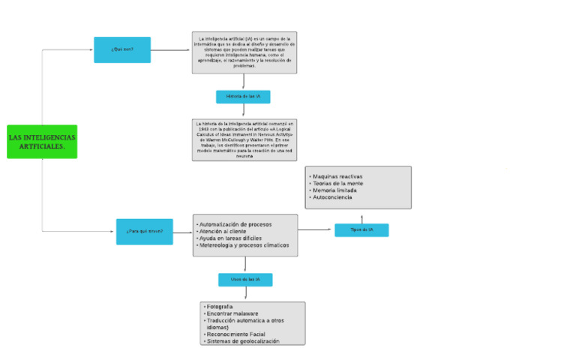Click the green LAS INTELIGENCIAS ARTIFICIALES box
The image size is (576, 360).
(42, 142)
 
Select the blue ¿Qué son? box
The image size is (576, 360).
(121, 50)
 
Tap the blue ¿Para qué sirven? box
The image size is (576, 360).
(144, 231)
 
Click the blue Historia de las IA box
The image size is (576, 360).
(243, 97)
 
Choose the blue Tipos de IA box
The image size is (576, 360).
(361, 230)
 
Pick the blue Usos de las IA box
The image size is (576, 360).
(245, 280)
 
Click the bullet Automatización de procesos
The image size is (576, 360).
(235, 224)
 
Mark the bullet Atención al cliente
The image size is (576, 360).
(223, 232)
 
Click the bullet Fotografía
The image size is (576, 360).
(219, 307)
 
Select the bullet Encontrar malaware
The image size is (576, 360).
(232, 313)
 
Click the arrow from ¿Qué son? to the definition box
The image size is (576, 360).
(171, 50)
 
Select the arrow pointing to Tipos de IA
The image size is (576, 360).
(316, 229)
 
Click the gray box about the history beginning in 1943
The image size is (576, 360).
(244, 139)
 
